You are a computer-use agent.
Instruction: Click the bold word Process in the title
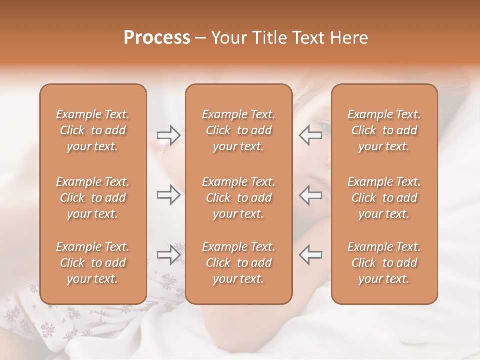157,38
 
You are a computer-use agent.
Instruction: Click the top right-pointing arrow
169,135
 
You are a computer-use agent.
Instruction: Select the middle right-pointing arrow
169,195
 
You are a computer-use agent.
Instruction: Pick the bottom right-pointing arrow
169,254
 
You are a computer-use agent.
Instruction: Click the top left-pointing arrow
310,135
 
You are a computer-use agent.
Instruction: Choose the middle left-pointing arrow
310,195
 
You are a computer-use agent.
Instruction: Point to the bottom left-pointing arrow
310,254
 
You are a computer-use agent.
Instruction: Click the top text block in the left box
93,130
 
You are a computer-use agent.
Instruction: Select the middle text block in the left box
93,198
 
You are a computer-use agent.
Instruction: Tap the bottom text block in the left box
93,263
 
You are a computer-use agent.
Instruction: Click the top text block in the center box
239,130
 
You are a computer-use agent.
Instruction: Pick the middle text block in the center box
239,198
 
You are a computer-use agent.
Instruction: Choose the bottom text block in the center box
239,263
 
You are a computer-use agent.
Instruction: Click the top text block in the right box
384,130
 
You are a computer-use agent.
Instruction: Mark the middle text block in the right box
384,198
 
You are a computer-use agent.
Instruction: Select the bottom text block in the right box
384,263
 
